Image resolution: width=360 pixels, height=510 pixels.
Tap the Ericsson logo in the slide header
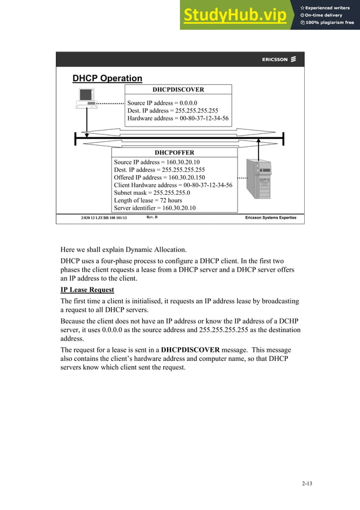(x=279, y=59)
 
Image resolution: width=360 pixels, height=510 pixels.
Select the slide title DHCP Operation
(x=107, y=79)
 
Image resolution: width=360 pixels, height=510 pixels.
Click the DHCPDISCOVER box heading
(x=178, y=89)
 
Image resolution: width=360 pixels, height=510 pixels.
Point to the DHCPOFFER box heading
(x=174, y=152)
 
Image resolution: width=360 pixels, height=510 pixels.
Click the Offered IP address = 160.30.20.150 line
(x=155, y=177)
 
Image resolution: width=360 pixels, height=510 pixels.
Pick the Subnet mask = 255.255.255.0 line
(x=152, y=193)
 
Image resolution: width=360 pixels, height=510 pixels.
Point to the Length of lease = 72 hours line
(x=148, y=200)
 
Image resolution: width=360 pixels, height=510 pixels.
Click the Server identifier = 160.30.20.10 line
(x=155, y=208)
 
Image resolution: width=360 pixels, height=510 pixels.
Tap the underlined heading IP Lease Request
(x=87, y=290)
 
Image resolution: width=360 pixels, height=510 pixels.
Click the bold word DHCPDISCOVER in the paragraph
(x=190, y=350)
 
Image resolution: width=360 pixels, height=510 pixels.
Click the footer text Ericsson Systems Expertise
(x=270, y=217)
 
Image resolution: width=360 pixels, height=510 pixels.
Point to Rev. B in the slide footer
(x=152, y=217)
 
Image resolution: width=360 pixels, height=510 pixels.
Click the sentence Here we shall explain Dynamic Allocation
(x=131, y=249)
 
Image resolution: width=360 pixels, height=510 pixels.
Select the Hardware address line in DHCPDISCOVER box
(x=178, y=119)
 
